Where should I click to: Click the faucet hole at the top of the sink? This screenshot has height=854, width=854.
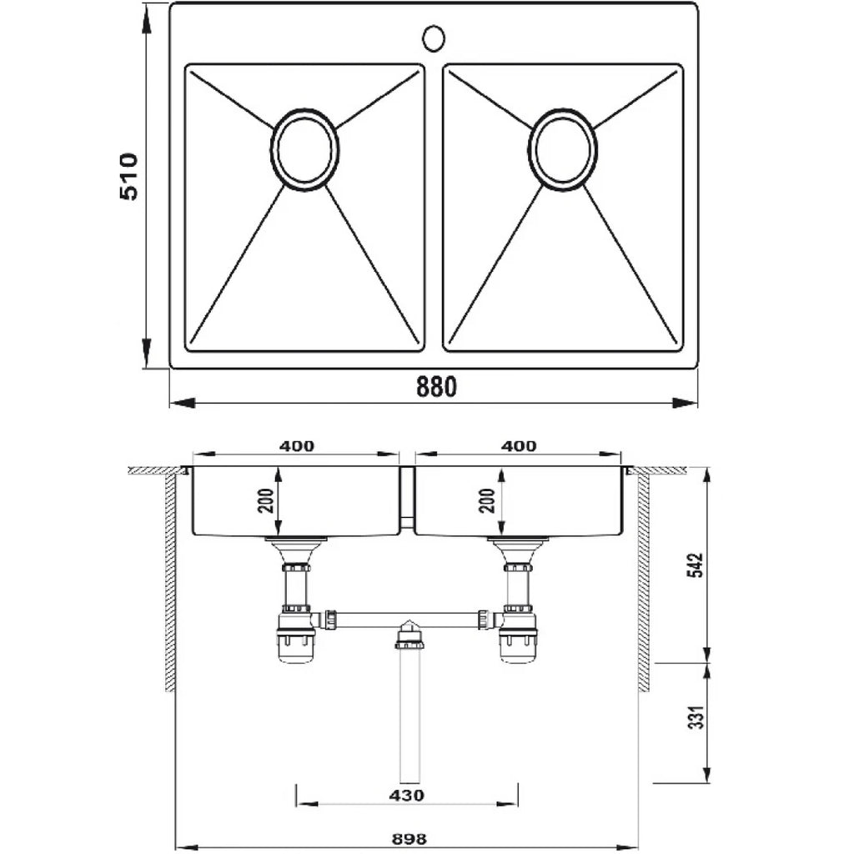(434, 38)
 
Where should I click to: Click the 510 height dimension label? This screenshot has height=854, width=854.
(129, 176)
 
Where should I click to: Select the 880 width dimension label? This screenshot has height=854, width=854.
(436, 387)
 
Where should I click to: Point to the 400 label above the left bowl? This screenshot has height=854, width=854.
(297, 446)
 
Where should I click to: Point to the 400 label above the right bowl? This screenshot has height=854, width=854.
(519, 446)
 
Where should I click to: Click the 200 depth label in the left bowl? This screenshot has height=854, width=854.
(266, 501)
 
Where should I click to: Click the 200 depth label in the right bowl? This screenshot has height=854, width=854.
(488, 501)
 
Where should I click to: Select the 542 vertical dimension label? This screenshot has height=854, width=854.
(698, 565)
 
